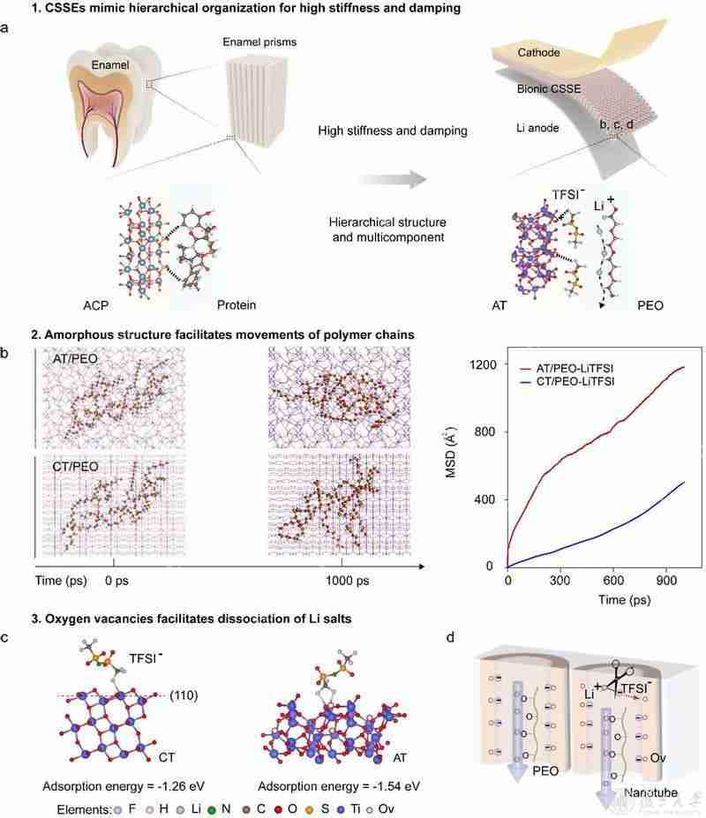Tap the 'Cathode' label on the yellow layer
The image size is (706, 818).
click(539, 53)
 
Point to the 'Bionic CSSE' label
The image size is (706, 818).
click(549, 89)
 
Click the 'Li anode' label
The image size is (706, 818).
click(537, 128)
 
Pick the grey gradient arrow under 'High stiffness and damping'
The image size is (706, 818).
click(392, 179)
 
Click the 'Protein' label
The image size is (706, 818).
click(237, 305)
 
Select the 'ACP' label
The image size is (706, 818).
click(96, 305)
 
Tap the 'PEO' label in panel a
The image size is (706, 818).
click(650, 305)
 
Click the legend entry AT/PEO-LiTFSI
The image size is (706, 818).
click(567, 369)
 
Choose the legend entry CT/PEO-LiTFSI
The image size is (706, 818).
click(567, 382)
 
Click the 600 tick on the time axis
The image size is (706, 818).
click(613, 581)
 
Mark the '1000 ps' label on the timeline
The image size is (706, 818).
click(348, 581)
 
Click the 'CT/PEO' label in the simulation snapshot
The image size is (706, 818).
click(75, 467)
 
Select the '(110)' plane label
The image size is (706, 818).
click(184, 695)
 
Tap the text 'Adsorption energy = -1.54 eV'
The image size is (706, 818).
click(339, 786)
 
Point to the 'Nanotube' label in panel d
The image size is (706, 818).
click(650, 793)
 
